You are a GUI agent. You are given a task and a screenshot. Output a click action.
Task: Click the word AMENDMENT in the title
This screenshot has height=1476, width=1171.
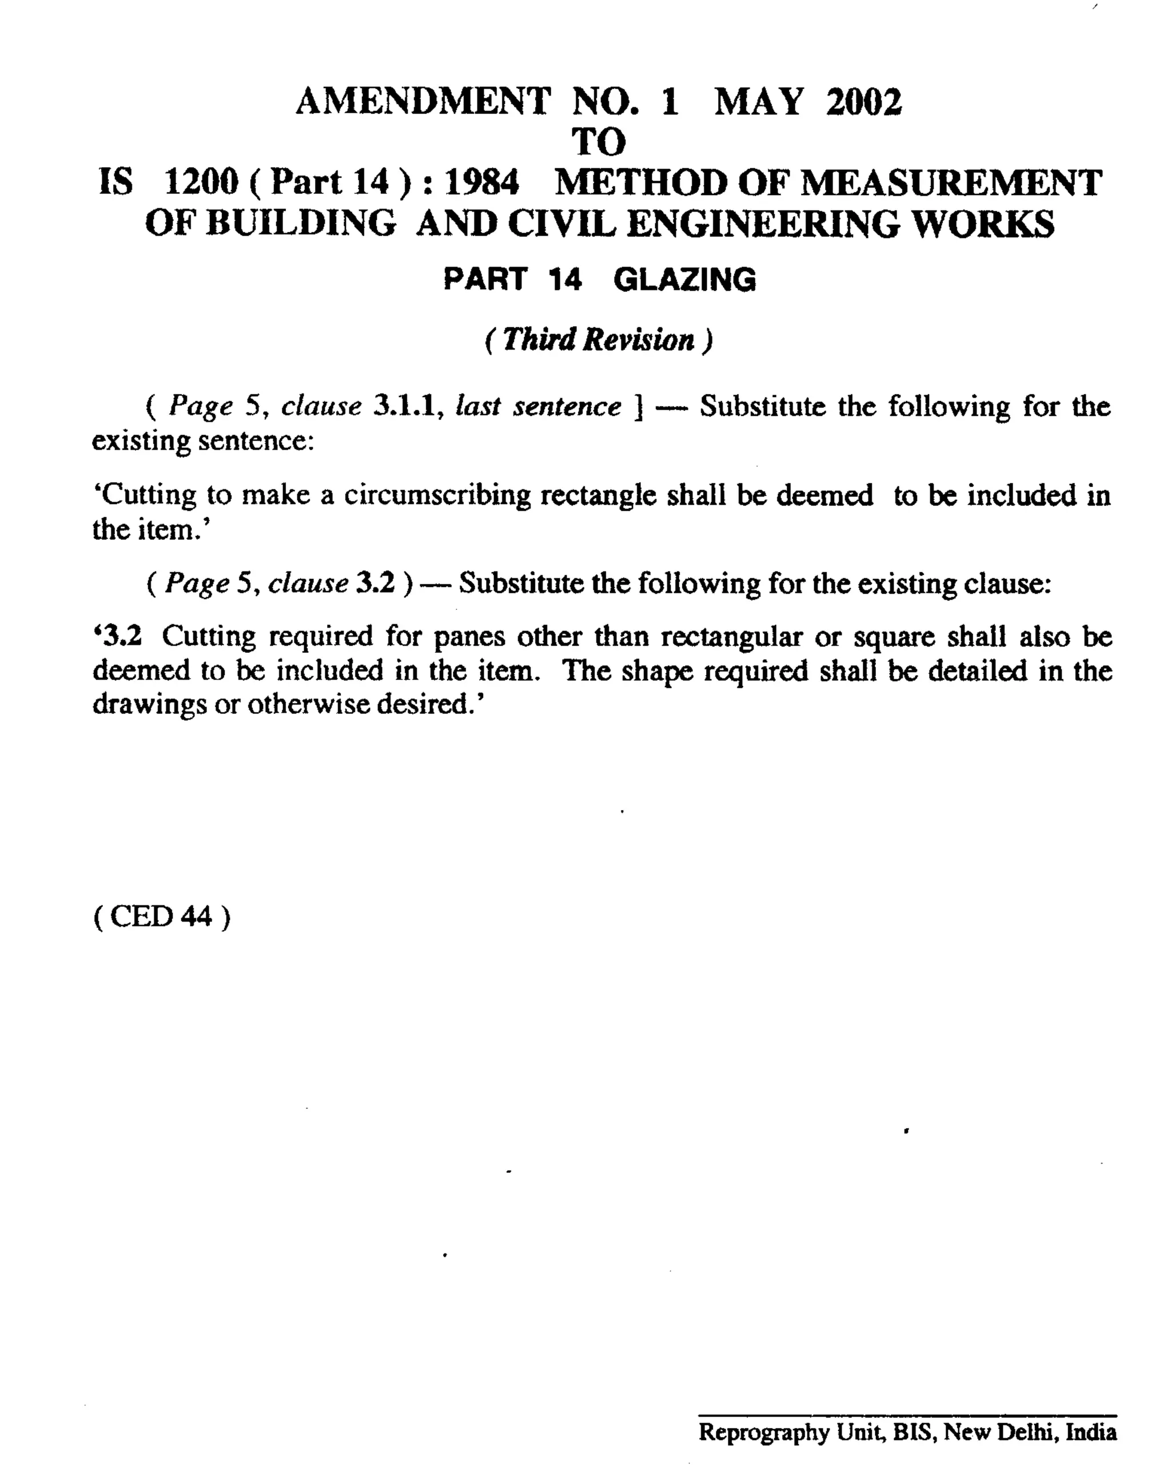(x=423, y=102)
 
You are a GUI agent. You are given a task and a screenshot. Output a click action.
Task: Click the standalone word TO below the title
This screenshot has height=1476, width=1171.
(x=599, y=142)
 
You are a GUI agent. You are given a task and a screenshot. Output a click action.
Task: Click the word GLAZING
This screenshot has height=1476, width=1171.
(x=684, y=280)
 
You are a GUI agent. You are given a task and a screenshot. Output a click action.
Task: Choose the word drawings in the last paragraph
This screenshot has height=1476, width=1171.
(x=149, y=704)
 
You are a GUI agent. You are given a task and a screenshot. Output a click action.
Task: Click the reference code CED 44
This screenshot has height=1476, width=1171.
(x=161, y=916)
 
